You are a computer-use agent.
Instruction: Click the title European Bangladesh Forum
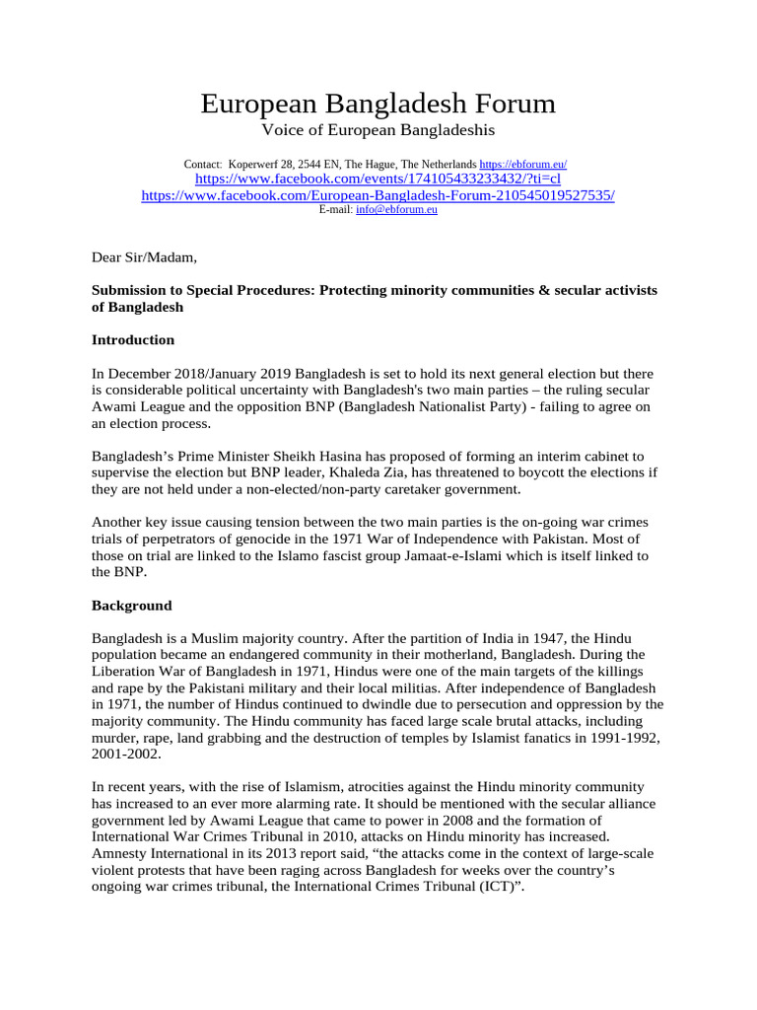378,104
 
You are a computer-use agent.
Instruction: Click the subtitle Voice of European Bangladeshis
378,131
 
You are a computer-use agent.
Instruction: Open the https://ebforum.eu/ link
522,164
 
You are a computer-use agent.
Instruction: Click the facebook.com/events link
378,180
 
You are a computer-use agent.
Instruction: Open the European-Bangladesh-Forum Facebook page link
378,196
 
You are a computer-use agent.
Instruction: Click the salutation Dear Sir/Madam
144,258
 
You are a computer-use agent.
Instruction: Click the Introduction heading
133,340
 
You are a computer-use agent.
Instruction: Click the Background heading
131,606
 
